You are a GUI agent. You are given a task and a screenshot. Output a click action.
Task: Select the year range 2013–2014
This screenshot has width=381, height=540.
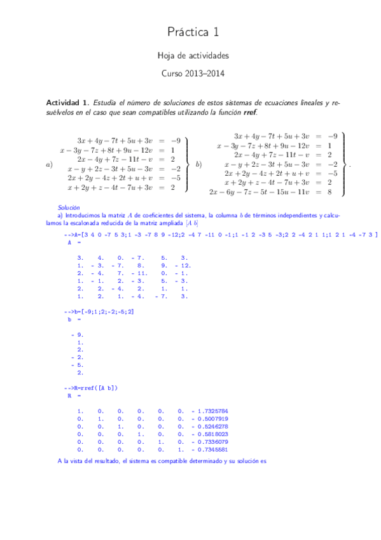pyautogui.click(x=205, y=73)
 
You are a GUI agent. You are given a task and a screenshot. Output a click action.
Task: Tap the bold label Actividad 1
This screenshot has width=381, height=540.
pyautogui.click(x=68, y=103)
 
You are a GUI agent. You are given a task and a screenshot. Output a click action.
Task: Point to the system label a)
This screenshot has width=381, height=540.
pyautogui.click(x=50, y=165)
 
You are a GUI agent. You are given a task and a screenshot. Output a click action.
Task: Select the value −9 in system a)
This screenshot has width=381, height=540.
pyautogui.click(x=176, y=141)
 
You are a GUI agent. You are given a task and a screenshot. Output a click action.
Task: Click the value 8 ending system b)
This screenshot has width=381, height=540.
pyautogui.click(x=329, y=191)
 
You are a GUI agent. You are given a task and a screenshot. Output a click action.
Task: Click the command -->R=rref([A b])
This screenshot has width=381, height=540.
pyautogui.click(x=90, y=388)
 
